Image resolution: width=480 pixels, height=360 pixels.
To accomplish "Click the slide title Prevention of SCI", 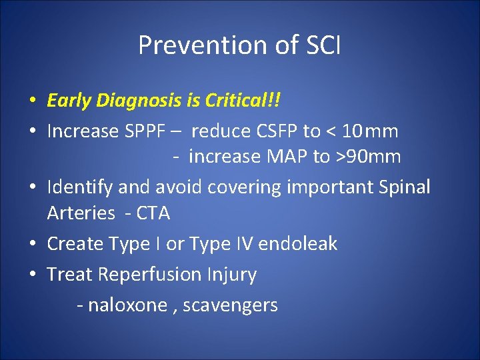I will tap(239, 45).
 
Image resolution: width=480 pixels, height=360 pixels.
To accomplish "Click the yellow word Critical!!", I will tap(243, 101).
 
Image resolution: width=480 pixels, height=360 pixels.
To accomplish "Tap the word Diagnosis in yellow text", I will tap(142, 101).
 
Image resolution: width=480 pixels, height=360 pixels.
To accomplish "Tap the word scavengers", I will tap(230, 305).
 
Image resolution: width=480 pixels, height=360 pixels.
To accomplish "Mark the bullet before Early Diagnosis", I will tap(32, 101).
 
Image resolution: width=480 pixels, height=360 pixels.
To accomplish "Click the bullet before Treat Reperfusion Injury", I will tap(32, 275).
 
